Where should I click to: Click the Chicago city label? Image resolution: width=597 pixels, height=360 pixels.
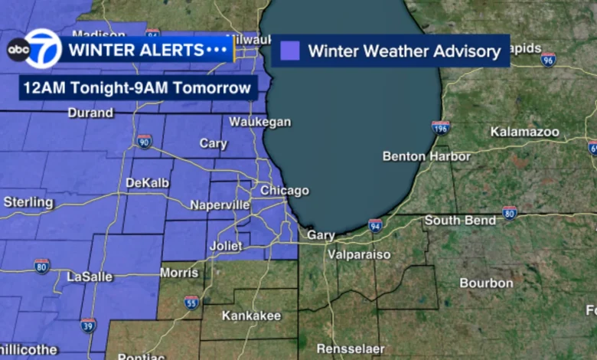coord(284,191)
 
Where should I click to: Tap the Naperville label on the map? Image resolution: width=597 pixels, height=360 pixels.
coord(220,205)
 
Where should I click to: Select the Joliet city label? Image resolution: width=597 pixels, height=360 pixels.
coord(226,247)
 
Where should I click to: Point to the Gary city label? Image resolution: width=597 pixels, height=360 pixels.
coord(321,235)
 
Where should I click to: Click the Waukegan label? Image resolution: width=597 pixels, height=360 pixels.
coord(260,122)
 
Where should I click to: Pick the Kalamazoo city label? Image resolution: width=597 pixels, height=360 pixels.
coord(524,132)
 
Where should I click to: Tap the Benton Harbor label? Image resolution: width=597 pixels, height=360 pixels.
coord(426,156)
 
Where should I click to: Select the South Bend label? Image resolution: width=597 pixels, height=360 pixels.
coord(460,220)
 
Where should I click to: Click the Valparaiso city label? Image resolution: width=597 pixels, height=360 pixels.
coord(358,254)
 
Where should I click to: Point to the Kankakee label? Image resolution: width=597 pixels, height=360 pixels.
coord(251,316)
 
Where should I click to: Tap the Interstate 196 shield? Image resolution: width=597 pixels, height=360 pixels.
coord(440,127)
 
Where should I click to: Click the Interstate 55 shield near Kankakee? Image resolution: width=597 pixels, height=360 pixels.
coord(191,302)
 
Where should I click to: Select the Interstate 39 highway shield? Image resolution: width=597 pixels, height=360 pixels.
coord(88,325)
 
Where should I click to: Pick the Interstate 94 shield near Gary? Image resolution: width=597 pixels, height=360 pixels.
coord(375,225)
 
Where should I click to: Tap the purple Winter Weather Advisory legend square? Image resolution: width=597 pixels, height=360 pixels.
coord(289,51)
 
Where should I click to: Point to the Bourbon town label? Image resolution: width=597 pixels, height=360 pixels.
coord(486,283)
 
